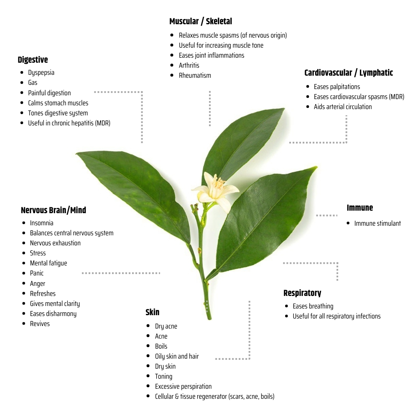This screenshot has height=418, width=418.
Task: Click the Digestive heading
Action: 33,60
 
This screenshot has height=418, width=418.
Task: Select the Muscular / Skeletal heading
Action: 201,21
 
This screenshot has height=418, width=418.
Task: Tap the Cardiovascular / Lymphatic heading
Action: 349,73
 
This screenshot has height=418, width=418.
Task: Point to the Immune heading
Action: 359,208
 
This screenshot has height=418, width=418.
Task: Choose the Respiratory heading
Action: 302,293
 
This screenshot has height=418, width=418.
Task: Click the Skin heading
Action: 153,312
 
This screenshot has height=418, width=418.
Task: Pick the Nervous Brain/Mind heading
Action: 54,210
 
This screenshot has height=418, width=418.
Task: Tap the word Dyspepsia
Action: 41,72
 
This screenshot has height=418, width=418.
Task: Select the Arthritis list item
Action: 189,65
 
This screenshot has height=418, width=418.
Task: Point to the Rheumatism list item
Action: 195,75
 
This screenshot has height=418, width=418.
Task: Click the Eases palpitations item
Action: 337,87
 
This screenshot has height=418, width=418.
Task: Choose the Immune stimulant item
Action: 377,223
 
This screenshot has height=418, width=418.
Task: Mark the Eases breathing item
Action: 313,306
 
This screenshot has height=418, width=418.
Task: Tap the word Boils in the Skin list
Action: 161,346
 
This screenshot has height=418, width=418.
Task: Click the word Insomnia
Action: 41,223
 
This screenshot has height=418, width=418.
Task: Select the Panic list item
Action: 36,273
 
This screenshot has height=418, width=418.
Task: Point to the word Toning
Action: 164,377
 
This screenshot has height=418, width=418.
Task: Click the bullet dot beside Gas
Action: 22,83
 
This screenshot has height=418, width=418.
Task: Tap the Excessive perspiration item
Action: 184,387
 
